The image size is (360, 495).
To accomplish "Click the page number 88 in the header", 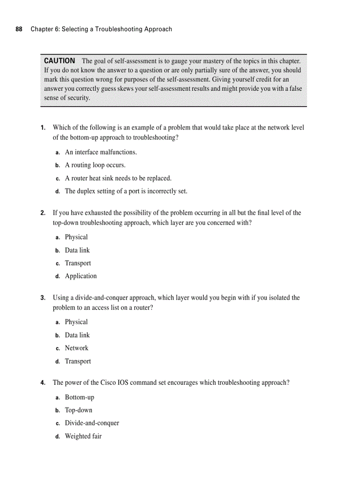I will pyautogui.click(x=19, y=29).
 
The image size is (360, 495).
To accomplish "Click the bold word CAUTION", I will pyautogui.click(x=60, y=61).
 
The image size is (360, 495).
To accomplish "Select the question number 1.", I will pyautogui.click(x=43, y=128).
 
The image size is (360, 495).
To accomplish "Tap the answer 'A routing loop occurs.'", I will pyautogui.click(x=95, y=165).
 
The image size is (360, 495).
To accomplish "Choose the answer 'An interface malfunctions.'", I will pyautogui.click(x=101, y=152).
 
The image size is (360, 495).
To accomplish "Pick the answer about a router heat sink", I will pyautogui.click(x=118, y=178).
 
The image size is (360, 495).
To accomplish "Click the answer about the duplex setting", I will pyautogui.click(x=126, y=191).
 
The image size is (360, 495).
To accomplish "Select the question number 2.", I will pyautogui.click(x=43, y=213).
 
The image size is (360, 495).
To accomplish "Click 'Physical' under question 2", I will pyautogui.click(x=76, y=237).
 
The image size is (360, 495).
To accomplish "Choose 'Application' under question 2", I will pyautogui.click(x=81, y=276).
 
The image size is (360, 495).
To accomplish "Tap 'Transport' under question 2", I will pyautogui.click(x=78, y=263).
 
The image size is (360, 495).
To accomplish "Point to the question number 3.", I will pyautogui.click(x=43, y=298).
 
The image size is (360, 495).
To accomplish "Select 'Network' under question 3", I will pyautogui.click(x=76, y=348).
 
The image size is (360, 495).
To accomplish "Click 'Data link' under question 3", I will pyautogui.click(x=77, y=335).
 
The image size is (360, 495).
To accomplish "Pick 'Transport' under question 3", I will pyautogui.click(x=78, y=361).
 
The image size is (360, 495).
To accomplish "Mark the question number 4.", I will pyautogui.click(x=43, y=383).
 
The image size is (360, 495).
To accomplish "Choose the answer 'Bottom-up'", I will pyautogui.click(x=79, y=398).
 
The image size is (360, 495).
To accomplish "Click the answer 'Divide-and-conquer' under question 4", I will pyautogui.click(x=92, y=423).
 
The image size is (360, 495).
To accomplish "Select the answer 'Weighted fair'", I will pyautogui.click(x=83, y=436).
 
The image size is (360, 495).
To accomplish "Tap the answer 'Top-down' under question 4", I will pyautogui.click(x=79, y=410).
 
